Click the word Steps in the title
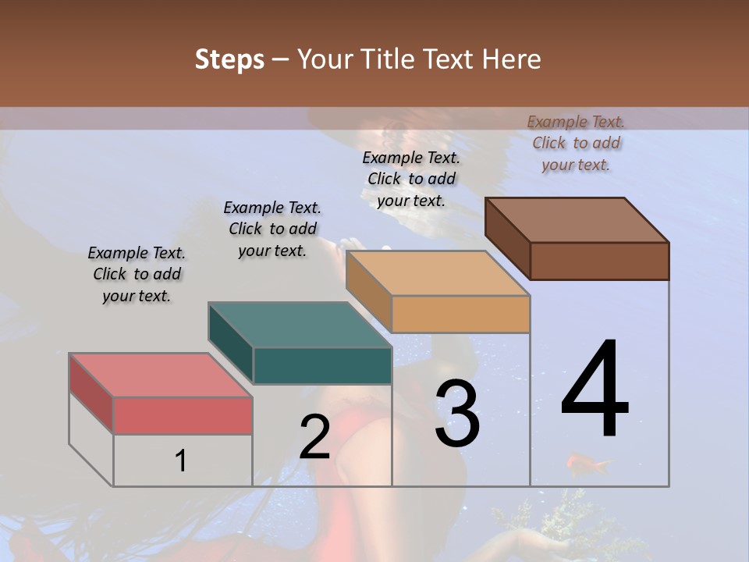[229, 59]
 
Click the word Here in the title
[511, 59]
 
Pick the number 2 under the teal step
[314, 437]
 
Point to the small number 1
[180, 461]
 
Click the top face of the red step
[161, 375]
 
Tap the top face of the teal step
[300, 325]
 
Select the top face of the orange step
[438, 273]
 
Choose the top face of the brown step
[577, 219]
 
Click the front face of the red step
[183, 415]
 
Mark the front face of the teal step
[322, 365]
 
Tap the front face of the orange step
[460, 314]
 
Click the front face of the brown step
[599, 261]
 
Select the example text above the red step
[137, 275]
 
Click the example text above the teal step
[272, 229]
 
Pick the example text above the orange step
[411, 179]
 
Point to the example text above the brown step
[576, 143]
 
